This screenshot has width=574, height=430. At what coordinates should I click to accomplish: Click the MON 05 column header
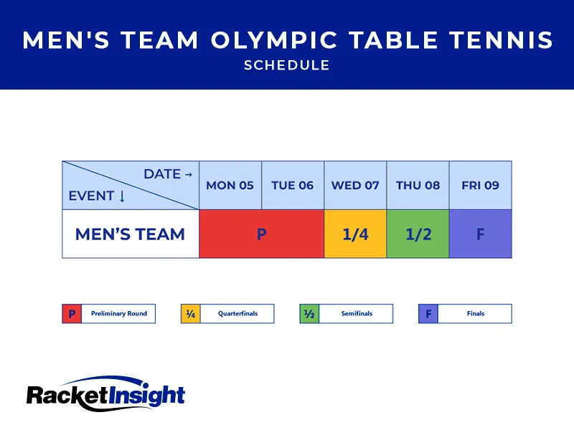pos(230,185)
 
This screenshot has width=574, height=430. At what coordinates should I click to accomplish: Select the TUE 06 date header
pos(293,185)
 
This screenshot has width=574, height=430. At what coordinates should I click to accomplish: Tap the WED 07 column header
pos(355,185)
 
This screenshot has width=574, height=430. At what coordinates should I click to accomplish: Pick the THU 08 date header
pos(418,185)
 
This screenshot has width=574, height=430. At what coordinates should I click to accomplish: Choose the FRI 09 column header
pos(480,185)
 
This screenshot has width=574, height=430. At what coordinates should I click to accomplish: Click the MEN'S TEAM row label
pos(130,234)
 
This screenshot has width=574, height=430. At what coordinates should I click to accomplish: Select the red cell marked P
pos(261,234)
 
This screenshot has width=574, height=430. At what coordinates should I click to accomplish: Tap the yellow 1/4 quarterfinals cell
pos(355,234)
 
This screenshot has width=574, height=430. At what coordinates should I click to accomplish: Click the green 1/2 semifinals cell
pos(418,234)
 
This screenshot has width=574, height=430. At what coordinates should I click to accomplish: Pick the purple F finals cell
pos(480,234)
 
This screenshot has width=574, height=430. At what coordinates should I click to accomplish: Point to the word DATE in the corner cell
pos(163,174)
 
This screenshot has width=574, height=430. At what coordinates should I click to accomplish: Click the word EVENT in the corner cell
pos(91,196)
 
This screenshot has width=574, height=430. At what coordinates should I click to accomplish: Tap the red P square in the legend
pos(71,314)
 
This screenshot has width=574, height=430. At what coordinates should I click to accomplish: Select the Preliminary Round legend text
pos(118,314)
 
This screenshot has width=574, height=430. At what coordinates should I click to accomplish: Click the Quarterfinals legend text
pos(237,314)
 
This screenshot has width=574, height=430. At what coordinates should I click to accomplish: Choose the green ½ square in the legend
pos(309,314)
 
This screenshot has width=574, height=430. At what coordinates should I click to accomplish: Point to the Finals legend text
pos(475,314)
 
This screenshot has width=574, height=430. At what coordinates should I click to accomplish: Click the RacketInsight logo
pos(105,393)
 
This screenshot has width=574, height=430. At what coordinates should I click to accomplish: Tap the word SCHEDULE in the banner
pos(287,65)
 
